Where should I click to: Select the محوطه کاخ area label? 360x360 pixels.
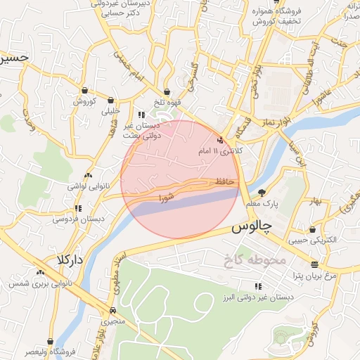click(254, 259)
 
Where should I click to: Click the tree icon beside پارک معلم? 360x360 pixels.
click(262, 193)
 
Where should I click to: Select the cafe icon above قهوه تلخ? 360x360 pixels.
click(167, 91)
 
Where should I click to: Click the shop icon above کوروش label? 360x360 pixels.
click(84, 90)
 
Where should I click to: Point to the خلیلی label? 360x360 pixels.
click(111, 110)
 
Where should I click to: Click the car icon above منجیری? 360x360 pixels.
click(113, 309)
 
